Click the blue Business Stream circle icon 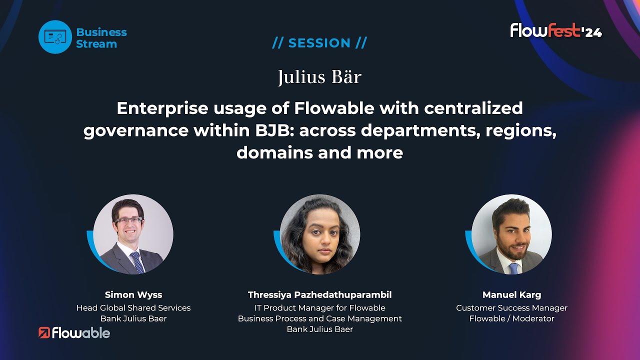(x=55, y=37)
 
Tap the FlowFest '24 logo (x=556, y=30)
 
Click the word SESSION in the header (x=319, y=43)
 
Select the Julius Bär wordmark (x=319, y=77)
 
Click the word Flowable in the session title (x=334, y=108)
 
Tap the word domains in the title (x=275, y=152)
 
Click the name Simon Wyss (x=133, y=294)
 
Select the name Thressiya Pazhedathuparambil (x=319, y=295)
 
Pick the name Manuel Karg (x=511, y=295)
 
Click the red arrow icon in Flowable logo (x=44, y=333)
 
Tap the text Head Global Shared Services (x=133, y=308)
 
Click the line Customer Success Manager (x=511, y=308)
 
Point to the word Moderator (x=533, y=318)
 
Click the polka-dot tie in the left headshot (x=137, y=262)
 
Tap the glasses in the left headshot (x=128, y=221)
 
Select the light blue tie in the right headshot (x=513, y=268)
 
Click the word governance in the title (x=136, y=131)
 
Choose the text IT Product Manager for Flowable (x=319, y=308)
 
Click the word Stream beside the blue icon (x=96, y=44)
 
